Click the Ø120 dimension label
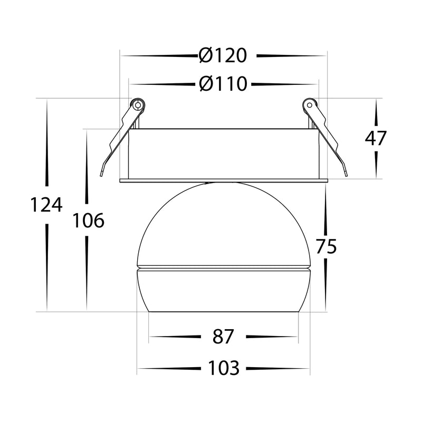pos(223,55)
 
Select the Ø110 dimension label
pos(223,84)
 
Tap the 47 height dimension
pos(376,138)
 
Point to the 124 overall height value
pos(46,205)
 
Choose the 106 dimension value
pos(88,220)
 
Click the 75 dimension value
pos(326,246)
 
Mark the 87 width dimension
pos(223,337)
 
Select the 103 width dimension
pos(224,368)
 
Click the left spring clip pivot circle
pos(138,104)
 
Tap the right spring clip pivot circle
pos(309,104)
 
